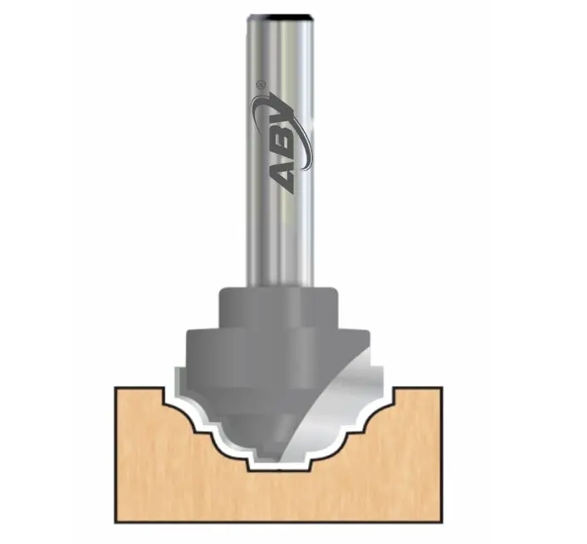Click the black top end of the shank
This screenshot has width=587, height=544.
[x=283, y=17]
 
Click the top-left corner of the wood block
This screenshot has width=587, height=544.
[x=116, y=387]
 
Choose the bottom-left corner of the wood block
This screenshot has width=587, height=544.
[x=116, y=521]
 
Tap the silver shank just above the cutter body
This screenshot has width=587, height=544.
[x=283, y=266]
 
